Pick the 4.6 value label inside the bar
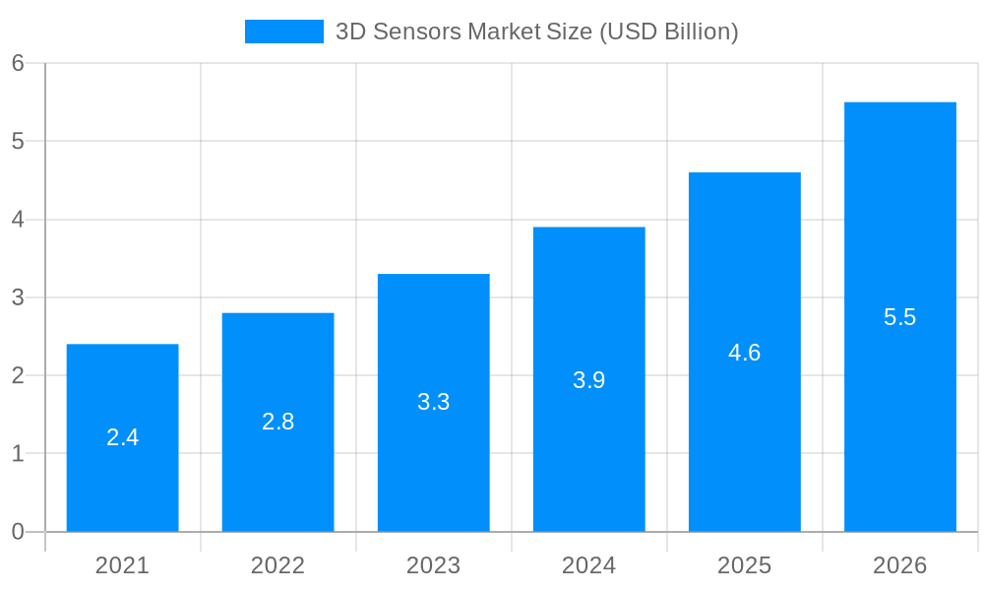pyautogui.click(x=744, y=353)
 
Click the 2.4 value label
pyautogui.click(x=122, y=437)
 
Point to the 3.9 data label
pyautogui.click(x=588, y=380)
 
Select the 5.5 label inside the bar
pyautogui.click(x=899, y=317)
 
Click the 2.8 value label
pyautogui.click(x=277, y=422)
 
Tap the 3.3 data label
pyautogui.click(x=433, y=402)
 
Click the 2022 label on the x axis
pyautogui.click(x=277, y=565)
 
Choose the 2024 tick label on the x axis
pyautogui.click(x=588, y=565)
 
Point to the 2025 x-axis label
pyautogui.click(x=744, y=565)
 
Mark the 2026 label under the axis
pyautogui.click(x=899, y=565)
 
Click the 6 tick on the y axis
pyautogui.click(x=18, y=63)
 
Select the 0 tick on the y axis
pyautogui.click(x=18, y=532)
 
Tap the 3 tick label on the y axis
pyautogui.click(x=18, y=297)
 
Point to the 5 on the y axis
pyautogui.click(x=18, y=141)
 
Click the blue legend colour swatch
pyautogui.click(x=283, y=32)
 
